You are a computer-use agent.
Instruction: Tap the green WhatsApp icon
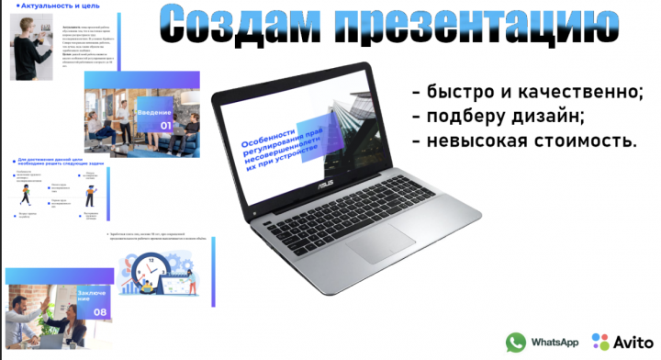click(516, 342)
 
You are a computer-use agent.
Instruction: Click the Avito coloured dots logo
click(602, 342)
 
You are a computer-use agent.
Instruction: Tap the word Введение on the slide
click(155, 113)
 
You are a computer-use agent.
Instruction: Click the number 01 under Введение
click(166, 126)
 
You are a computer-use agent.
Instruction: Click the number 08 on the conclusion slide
click(100, 312)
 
